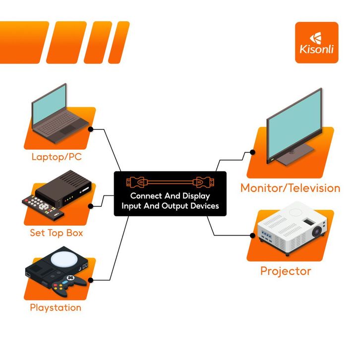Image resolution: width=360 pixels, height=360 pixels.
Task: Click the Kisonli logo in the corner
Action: [316, 42]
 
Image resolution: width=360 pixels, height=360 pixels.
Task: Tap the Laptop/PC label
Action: [57, 157]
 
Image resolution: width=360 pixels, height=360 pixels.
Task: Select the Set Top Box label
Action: [57, 233]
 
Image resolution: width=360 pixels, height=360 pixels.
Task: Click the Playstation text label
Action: [56, 307]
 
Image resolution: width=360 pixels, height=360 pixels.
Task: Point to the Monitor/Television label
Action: [290, 188]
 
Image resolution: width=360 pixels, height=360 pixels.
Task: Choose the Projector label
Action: [286, 271]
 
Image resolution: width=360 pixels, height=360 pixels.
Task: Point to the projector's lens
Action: [317, 231]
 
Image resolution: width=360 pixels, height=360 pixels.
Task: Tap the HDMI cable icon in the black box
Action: [170, 181]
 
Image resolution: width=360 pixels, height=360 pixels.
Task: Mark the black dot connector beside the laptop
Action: [91, 129]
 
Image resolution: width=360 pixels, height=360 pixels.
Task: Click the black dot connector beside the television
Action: [253, 153]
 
